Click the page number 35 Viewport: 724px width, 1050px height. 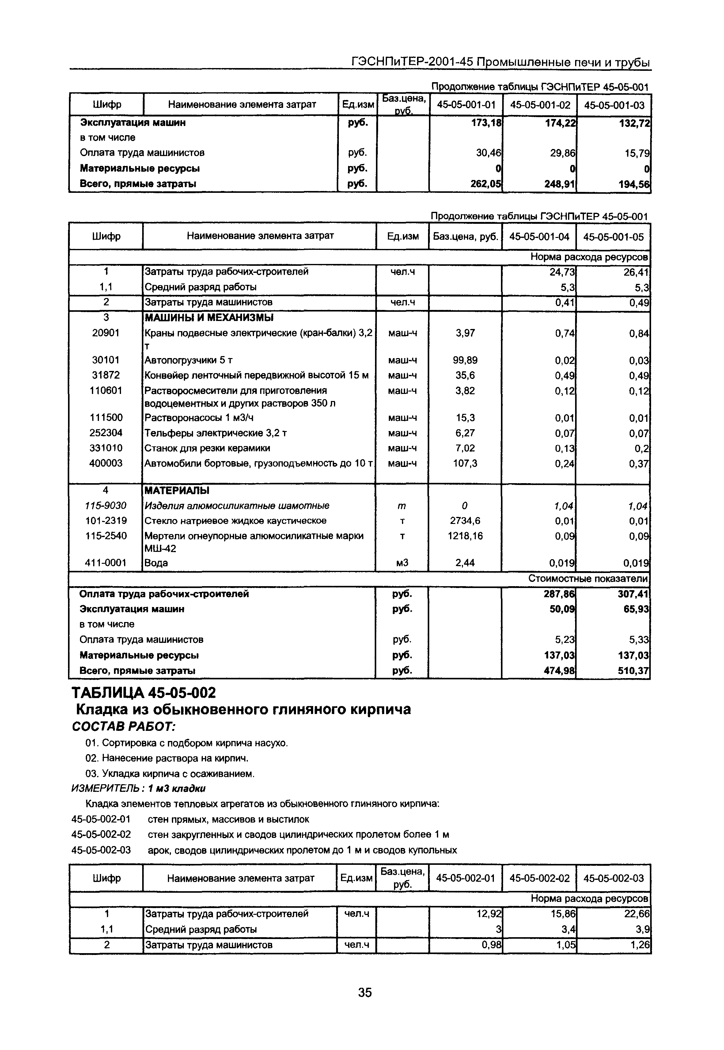tap(364, 992)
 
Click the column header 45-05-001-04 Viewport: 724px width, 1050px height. tap(539, 236)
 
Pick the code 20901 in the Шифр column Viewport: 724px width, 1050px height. tap(106, 333)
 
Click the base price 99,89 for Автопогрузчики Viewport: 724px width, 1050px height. tap(465, 360)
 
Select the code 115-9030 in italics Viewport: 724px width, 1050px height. tap(106, 506)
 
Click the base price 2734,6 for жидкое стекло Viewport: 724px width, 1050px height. tap(465, 521)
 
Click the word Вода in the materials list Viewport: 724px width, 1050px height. tap(156, 563)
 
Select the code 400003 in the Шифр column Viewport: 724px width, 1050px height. tap(106, 463)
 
